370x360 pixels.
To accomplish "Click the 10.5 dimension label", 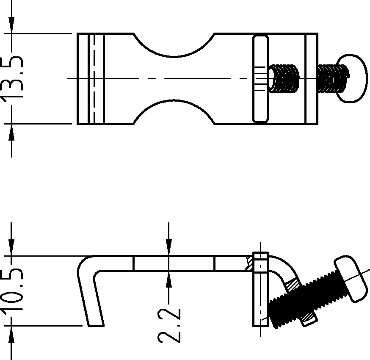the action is [12, 291].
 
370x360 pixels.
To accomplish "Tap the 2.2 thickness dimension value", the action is [169, 325].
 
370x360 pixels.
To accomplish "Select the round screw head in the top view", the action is [352, 78].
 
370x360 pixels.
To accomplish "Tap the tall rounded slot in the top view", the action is [260, 79].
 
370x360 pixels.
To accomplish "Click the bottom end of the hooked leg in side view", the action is [96, 326].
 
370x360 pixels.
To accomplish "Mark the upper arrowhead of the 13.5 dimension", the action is [11, 25].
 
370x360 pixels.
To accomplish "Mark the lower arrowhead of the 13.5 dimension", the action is [11, 132].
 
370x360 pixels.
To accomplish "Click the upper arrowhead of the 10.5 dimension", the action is [11, 247].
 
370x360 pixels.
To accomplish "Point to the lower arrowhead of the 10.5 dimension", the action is [11, 334].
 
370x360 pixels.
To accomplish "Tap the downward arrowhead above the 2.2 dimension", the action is [169, 247].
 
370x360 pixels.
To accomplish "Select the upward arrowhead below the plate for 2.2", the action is [169, 279].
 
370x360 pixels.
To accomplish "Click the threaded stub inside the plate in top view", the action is [284, 79].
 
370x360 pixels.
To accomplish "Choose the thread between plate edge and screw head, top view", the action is [333, 78].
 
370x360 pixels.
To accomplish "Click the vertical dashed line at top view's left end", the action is [94, 79].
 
